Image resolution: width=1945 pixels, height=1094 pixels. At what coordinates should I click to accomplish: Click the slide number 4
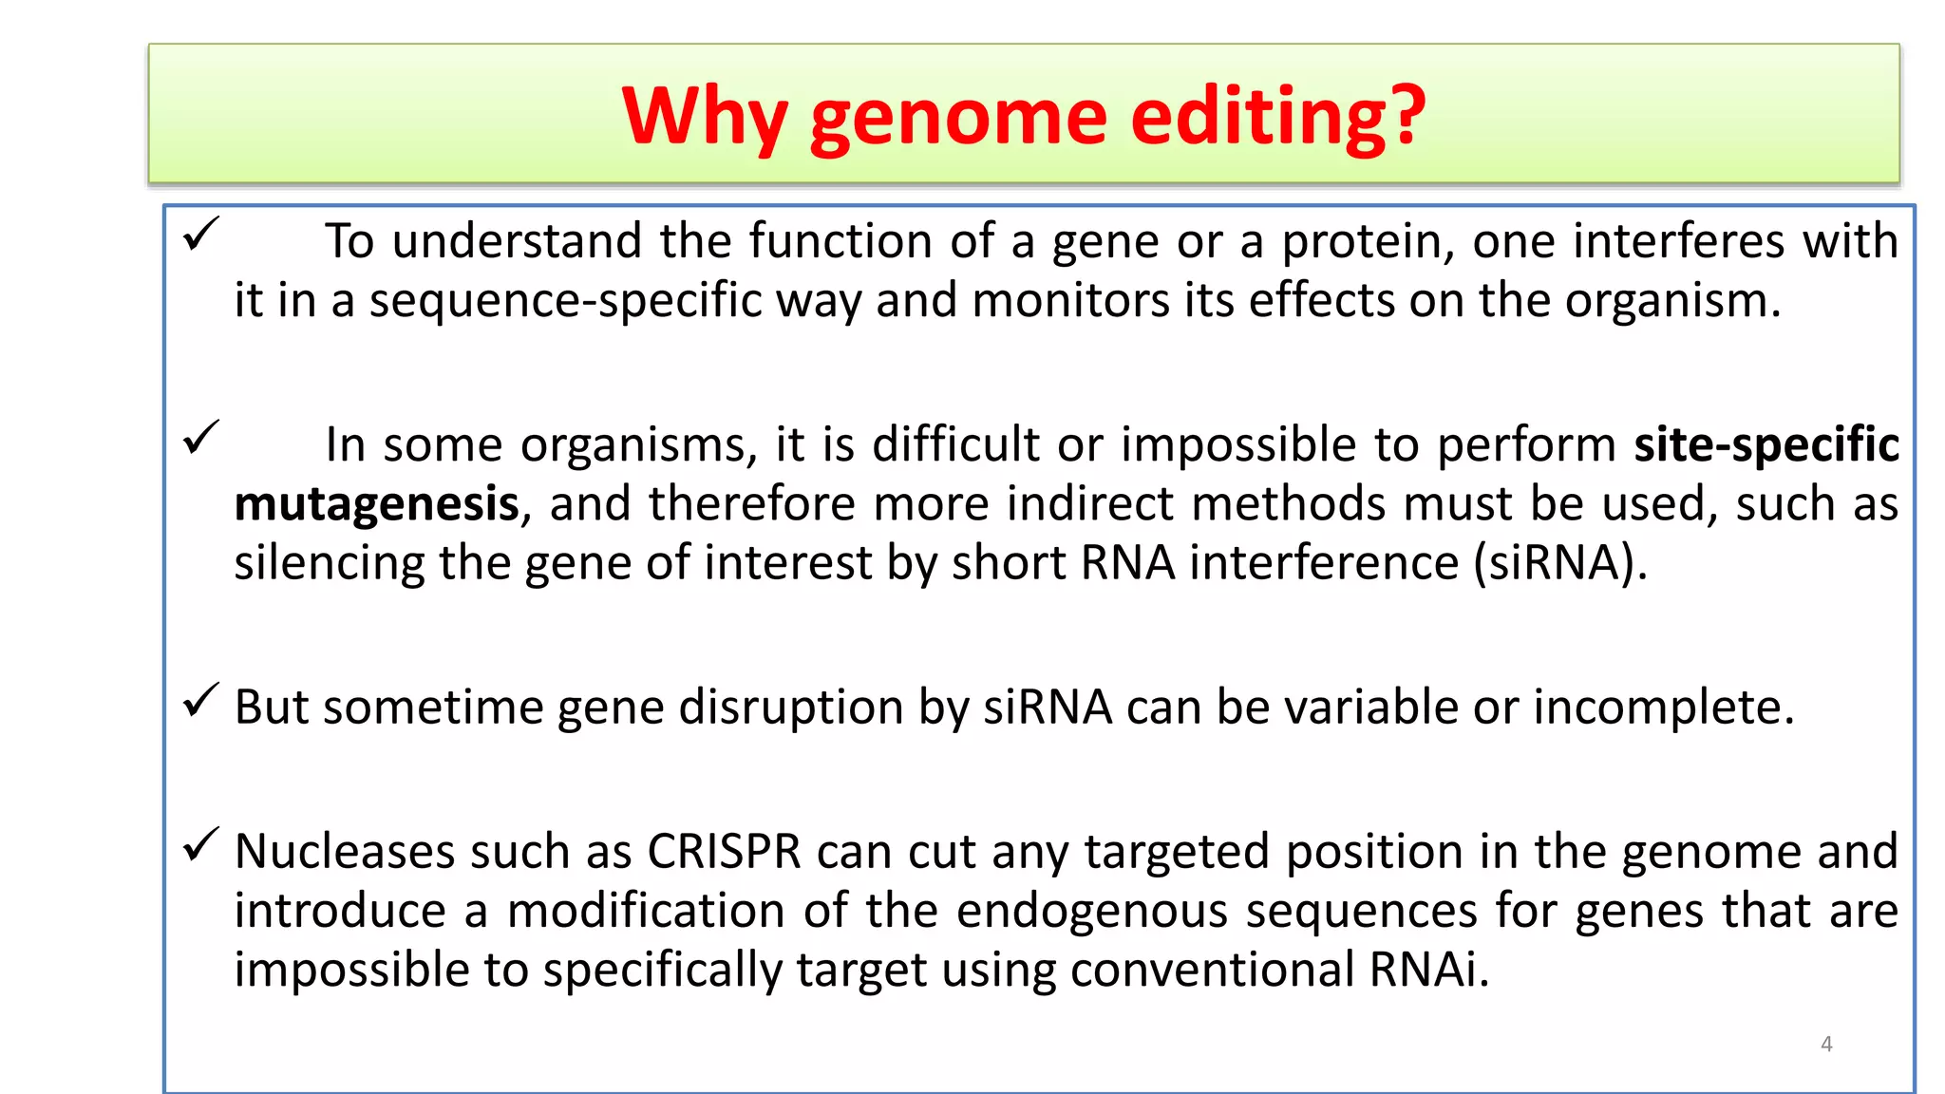[x=1825, y=1045]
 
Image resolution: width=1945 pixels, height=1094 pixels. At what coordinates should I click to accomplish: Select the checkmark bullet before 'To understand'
[x=200, y=234]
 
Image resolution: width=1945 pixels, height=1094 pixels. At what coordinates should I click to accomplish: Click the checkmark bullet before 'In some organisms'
[x=200, y=438]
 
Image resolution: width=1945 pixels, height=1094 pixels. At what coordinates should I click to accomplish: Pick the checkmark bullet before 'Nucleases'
[x=200, y=844]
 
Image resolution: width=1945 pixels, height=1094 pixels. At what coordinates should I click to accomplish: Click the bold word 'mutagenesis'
[x=377, y=504]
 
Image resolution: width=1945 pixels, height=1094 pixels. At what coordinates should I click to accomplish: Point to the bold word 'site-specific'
[x=1766, y=444]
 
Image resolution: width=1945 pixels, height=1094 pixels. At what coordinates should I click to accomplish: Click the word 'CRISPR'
[x=724, y=851]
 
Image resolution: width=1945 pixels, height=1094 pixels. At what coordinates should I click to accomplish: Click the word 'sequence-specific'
[x=565, y=301]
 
